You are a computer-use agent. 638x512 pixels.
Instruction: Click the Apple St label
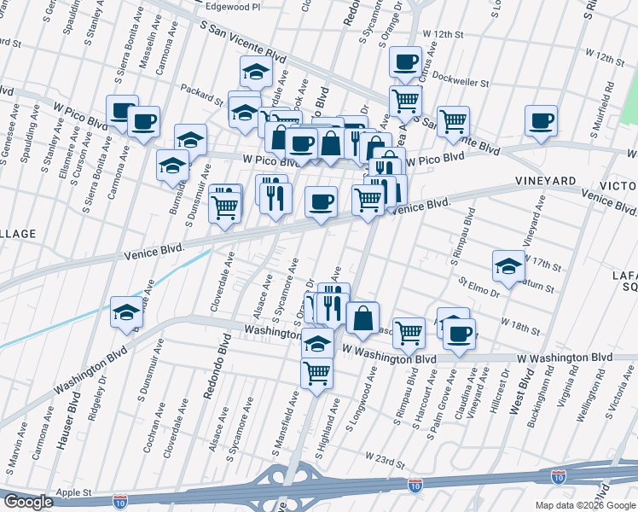74,493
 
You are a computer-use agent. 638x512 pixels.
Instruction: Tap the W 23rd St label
383,461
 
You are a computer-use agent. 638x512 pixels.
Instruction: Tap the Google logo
29,502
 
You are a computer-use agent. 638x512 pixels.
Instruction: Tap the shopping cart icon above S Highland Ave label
316,372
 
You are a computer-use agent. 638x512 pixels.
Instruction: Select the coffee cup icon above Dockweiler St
406,61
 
